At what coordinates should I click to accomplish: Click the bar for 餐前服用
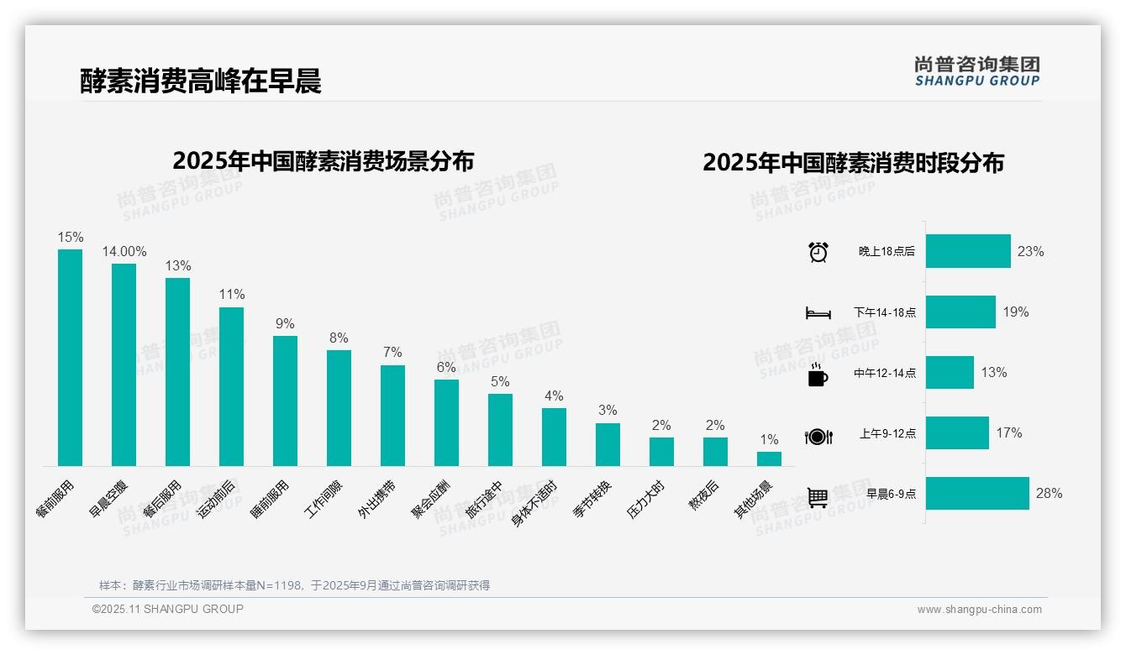(70, 357)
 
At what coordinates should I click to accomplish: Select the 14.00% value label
(124, 251)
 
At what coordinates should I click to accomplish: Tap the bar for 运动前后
(231, 386)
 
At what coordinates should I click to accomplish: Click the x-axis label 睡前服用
(271, 499)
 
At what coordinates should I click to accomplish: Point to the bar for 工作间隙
(339, 407)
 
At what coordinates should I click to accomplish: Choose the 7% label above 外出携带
(392, 352)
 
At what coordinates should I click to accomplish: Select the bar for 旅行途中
(500, 429)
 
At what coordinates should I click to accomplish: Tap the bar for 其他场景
(769, 458)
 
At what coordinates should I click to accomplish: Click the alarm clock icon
(818, 252)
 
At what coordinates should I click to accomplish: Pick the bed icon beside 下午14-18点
(818, 312)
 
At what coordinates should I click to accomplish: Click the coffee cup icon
(818, 374)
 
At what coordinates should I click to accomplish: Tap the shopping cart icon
(818, 496)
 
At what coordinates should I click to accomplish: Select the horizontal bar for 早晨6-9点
(977, 493)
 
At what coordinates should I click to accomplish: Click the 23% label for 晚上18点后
(1030, 251)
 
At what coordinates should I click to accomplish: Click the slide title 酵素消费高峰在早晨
(201, 81)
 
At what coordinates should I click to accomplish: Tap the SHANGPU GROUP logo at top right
(976, 71)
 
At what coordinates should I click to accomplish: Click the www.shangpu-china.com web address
(979, 610)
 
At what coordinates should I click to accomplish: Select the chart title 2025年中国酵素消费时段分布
(853, 163)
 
